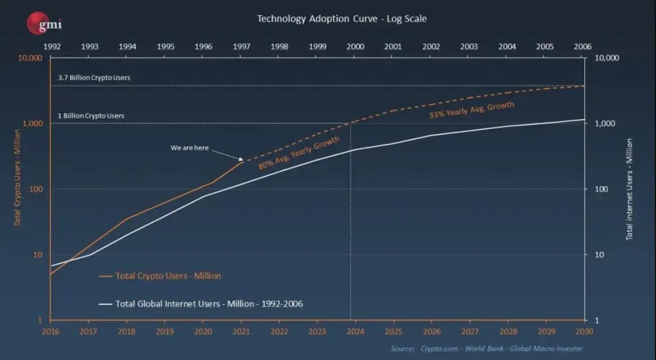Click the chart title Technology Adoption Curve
(x=341, y=19)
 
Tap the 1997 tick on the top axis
(x=242, y=47)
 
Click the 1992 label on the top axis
(x=51, y=47)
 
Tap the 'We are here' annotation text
(x=189, y=148)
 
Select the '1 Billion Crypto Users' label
(x=91, y=116)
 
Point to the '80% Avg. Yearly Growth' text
(x=299, y=153)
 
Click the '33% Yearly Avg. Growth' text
(x=471, y=110)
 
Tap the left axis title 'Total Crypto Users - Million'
(x=18, y=177)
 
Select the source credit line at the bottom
(x=486, y=349)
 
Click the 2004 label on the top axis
(x=507, y=47)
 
